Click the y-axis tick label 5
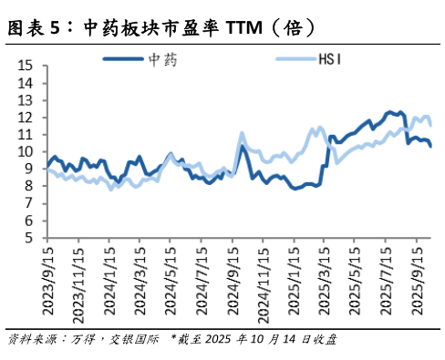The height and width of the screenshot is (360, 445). click(29, 239)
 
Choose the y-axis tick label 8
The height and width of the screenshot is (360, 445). click(29, 187)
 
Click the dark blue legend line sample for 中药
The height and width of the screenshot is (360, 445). click(122, 60)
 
